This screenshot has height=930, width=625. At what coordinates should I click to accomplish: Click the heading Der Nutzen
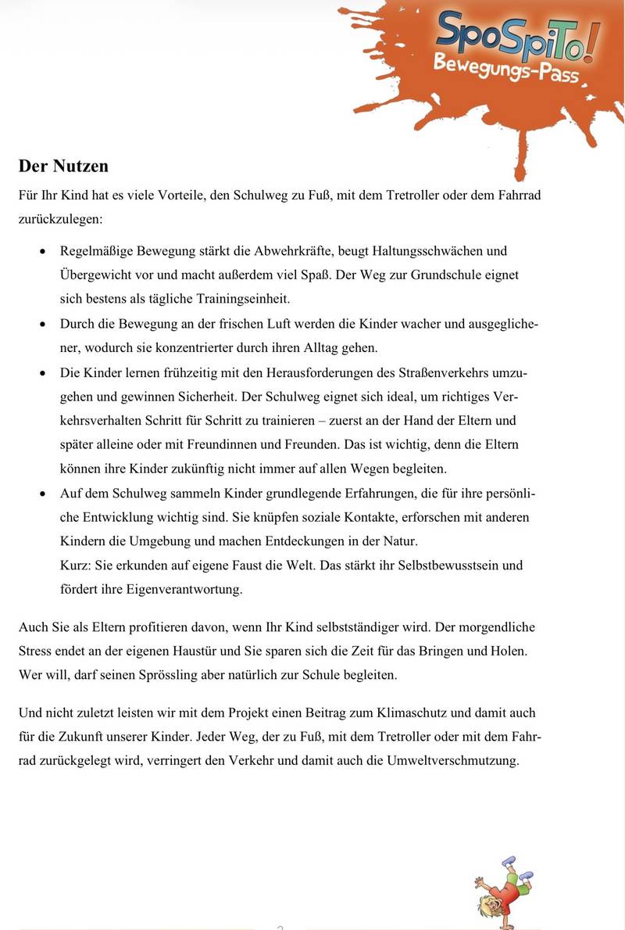[x=63, y=167]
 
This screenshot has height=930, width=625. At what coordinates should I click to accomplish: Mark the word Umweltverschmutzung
[x=452, y=760]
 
